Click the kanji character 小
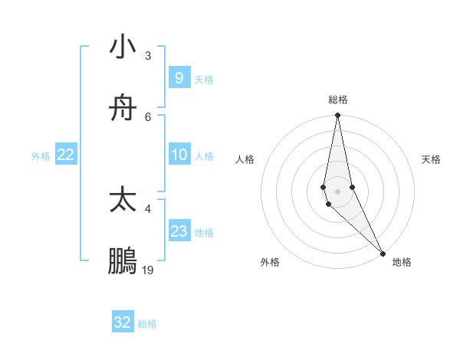click(123, 47)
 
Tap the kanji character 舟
click(123, 109)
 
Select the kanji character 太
click(123, 200)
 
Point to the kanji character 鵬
click(123, 261)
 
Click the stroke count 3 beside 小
click(148, 56)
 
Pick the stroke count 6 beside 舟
click(148, 116)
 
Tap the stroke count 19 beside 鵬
click(148, 270)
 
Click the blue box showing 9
click(179, 78)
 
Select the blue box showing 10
click(179, 155)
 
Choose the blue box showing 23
click(179, 231)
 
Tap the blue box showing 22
click(66, 155)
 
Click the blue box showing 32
click(123, 322)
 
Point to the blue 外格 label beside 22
click(41, 156)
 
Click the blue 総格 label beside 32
click(148, 324)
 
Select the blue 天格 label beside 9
click(204, 80)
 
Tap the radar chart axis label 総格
click(338, 100)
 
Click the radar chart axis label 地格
click(402, 262)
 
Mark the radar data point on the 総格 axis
click(337, 116)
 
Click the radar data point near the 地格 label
click(383, 253)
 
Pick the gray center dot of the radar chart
click(337, 191)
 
